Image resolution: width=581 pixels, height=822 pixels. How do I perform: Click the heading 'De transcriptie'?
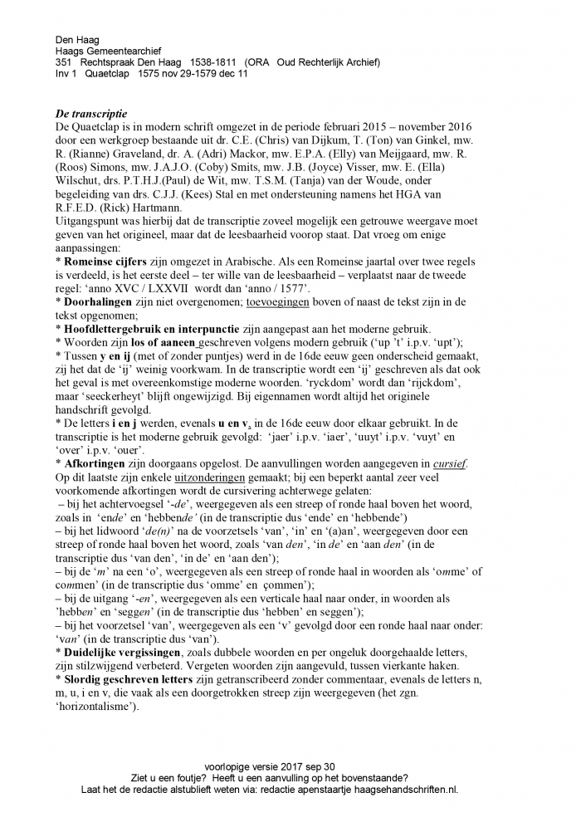point(91,113)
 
